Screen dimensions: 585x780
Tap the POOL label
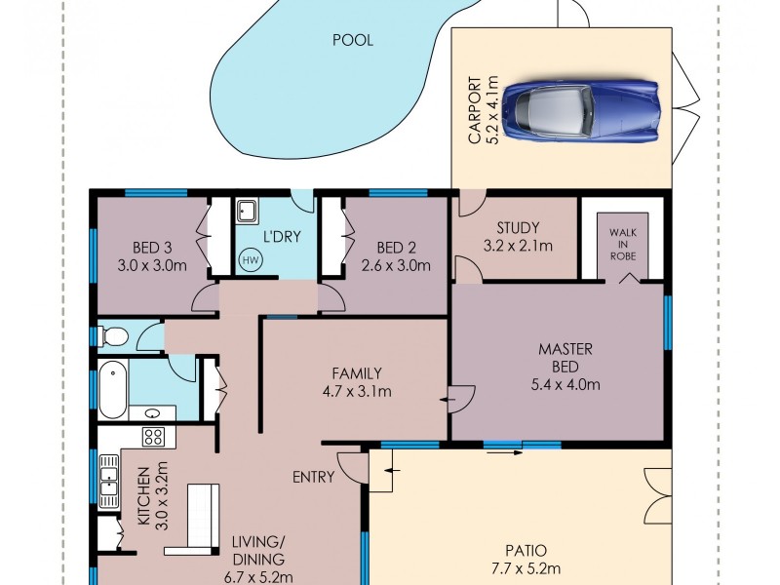point(353,40)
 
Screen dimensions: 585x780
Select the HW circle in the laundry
point(250,260)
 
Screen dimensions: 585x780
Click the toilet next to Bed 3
point(114,337)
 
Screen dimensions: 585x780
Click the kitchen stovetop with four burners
point(154,436)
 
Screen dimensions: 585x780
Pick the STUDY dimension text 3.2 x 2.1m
point(518,246)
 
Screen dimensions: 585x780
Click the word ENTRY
point(314,477)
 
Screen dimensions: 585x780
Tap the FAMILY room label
point(356,372)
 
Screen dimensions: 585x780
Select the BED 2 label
point(397,247)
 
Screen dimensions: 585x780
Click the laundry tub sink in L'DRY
point(247,212)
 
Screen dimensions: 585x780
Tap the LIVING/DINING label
point(258,551)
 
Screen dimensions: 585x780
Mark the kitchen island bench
point(203,516)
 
